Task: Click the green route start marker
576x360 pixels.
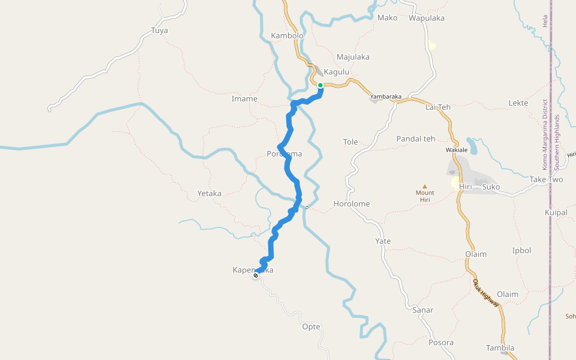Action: point(320,85)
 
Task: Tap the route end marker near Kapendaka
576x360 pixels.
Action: point(256,275)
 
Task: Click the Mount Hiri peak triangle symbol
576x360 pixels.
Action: point(425,187)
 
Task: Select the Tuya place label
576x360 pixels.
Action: point(160,30)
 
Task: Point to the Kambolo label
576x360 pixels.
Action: point(287,35)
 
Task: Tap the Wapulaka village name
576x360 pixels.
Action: point(427,18)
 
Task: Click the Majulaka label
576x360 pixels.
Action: point(353,57)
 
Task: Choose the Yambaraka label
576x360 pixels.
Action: point(386,96)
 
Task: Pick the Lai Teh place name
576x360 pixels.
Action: point(437,107)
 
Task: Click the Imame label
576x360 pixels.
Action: point(244,98)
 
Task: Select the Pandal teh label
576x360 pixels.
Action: point(416,139)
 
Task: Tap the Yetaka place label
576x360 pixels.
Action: point(209,193)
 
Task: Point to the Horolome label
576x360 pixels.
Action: point(352,203)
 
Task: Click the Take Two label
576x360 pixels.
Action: point(547,179)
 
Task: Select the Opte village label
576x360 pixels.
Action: point(311,326)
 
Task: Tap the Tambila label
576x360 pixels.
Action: point(500,347)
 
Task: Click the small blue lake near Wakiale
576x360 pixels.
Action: point(472,146)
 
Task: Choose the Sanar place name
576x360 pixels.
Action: point(423,310)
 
